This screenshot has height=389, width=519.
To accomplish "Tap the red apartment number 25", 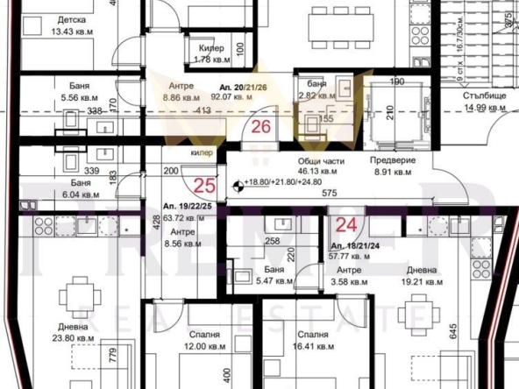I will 204,185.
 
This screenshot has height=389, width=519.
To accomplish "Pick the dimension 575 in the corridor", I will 330,193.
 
